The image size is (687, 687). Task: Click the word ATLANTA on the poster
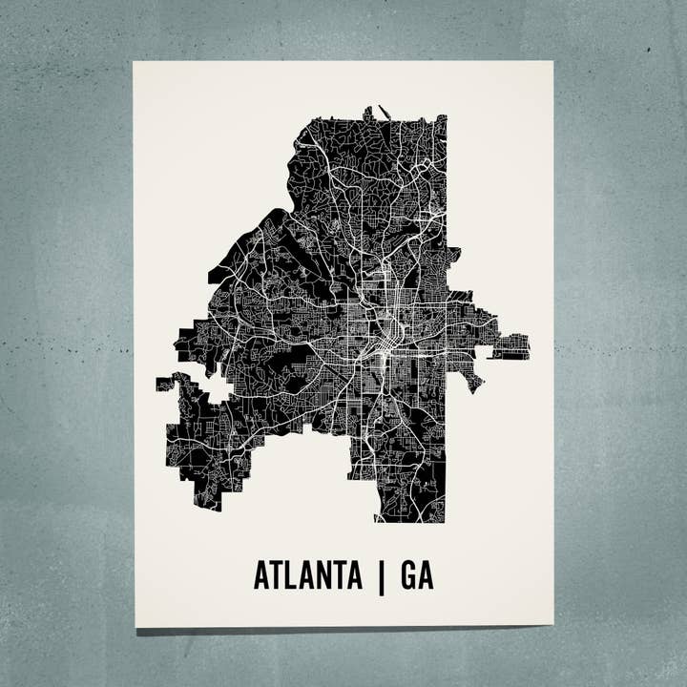pos(307,575)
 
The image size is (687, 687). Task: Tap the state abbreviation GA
pos(417,575)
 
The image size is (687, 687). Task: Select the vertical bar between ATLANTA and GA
pos(382,576)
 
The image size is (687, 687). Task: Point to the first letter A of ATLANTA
pos(261,575)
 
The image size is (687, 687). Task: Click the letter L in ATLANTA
pos(292,575)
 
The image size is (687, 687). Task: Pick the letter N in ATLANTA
pos(323,575)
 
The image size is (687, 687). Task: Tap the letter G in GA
pos(407,575)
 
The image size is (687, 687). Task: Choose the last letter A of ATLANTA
pos(354,575)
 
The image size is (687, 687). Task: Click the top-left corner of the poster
pos(134,63)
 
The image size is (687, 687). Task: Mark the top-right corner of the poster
pos(552,62)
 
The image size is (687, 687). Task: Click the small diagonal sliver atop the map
pos(384,112)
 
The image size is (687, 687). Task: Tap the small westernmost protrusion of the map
pos(164,385)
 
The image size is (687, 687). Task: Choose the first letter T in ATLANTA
pos(277,575)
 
